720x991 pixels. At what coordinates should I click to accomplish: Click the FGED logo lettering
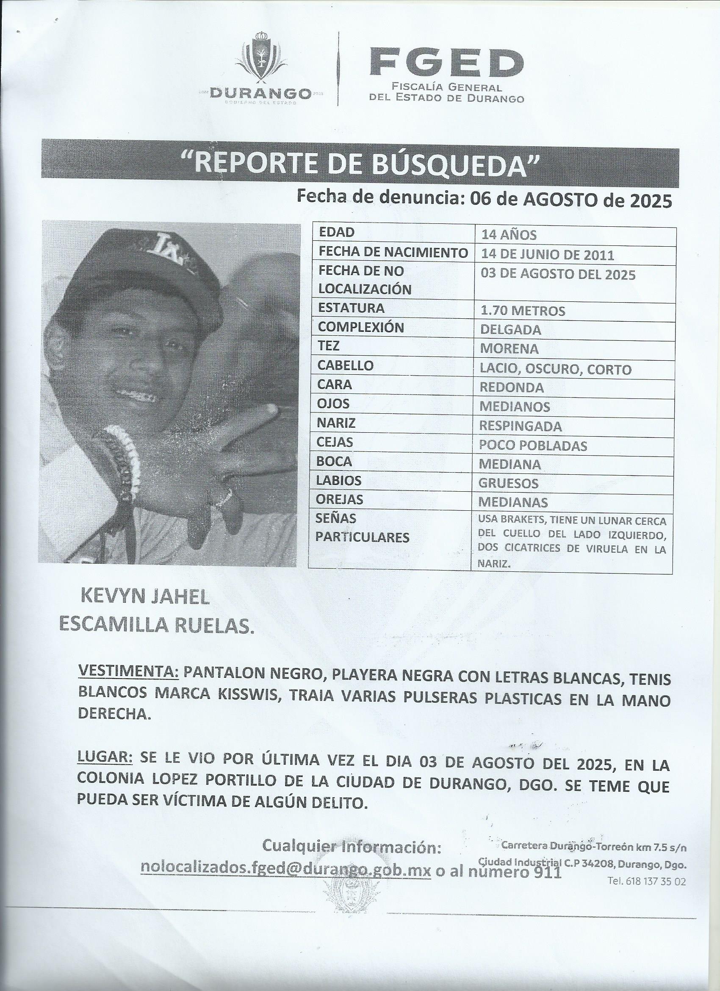click(x=446, y=63)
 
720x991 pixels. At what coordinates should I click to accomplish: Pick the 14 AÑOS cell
click(x=508, y=235)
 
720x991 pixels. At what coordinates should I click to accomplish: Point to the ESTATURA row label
click(x=352, y=308)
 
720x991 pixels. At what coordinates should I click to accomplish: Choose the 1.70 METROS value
click(x=522, y=311)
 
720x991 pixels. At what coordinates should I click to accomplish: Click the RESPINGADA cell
click(x=521, y=426)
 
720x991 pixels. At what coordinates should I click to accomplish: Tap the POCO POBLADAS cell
click(x=533, y=445)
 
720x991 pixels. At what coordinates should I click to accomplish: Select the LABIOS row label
click(x=339, y=481)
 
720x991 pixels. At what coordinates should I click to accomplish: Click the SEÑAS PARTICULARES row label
click(x=362, y=528)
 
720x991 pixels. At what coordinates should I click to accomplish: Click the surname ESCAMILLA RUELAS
click(x=156, y=626)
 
